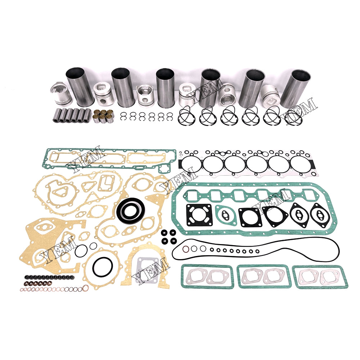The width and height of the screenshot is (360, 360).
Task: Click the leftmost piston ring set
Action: point(187,116)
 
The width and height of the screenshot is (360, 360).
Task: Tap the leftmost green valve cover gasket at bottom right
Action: point(207,276)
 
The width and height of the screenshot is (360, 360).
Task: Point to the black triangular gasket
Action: point(275,216)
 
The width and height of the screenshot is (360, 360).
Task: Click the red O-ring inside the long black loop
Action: point(186,249)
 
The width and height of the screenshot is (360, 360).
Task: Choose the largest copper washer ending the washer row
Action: point(85,288)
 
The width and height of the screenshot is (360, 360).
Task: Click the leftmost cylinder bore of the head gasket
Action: point(190,165)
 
